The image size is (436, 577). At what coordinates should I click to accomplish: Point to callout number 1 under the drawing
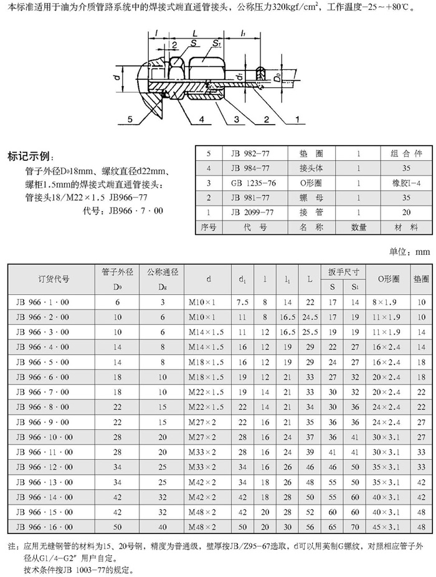(298, 119)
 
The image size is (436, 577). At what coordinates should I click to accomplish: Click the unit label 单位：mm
(410, 251)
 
